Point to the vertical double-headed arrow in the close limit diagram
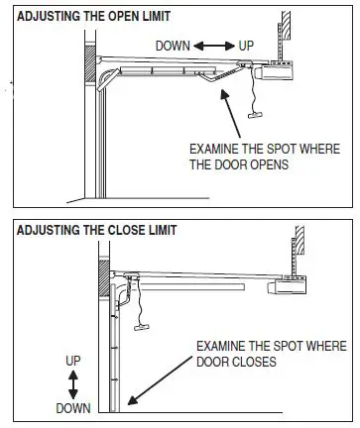[71, 381]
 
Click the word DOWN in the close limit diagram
[71, 406]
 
